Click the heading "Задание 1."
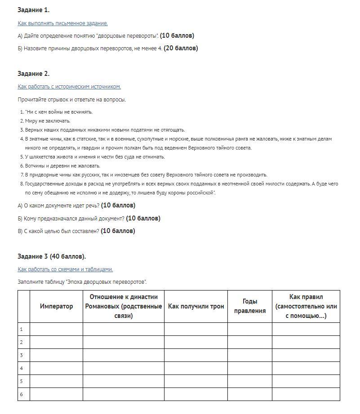pyautogui.click(x=33, y=10)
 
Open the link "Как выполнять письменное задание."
pyautogui.click(x=62, y=23)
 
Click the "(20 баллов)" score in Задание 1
pyautogui.click(x=181, y=48)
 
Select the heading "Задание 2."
pyautogui.click(x=33, y=74)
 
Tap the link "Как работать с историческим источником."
pyautogui.click(x=69, y=87)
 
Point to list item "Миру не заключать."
pyautogui.click(x=48, y=121)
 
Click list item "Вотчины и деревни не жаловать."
pyautogui.click(x=62, y=166)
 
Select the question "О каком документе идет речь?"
pyautogui.click(x=61, y=206)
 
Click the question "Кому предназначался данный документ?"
pyautogui.click(x=73, y=219)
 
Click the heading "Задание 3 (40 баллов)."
pyautogui.click(x=52, y=256)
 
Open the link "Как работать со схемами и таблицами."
pyautogui.click(x=65, y=269)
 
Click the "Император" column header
pyautogui.click(x=56, y=306)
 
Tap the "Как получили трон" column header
pyautogui.click(x=196, y=306)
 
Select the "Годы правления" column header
pyautogui.click(x=249, y=306)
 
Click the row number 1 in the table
pyautogui.click(x=21, y=329)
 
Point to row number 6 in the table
pyautogui.click(x=21, y=394)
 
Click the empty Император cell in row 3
pyautogui.click(x=56, y=355)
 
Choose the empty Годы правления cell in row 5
pyautogui.click(x=249, y=381)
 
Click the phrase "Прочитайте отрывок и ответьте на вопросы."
pyautogui.click(x=72, y=100)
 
